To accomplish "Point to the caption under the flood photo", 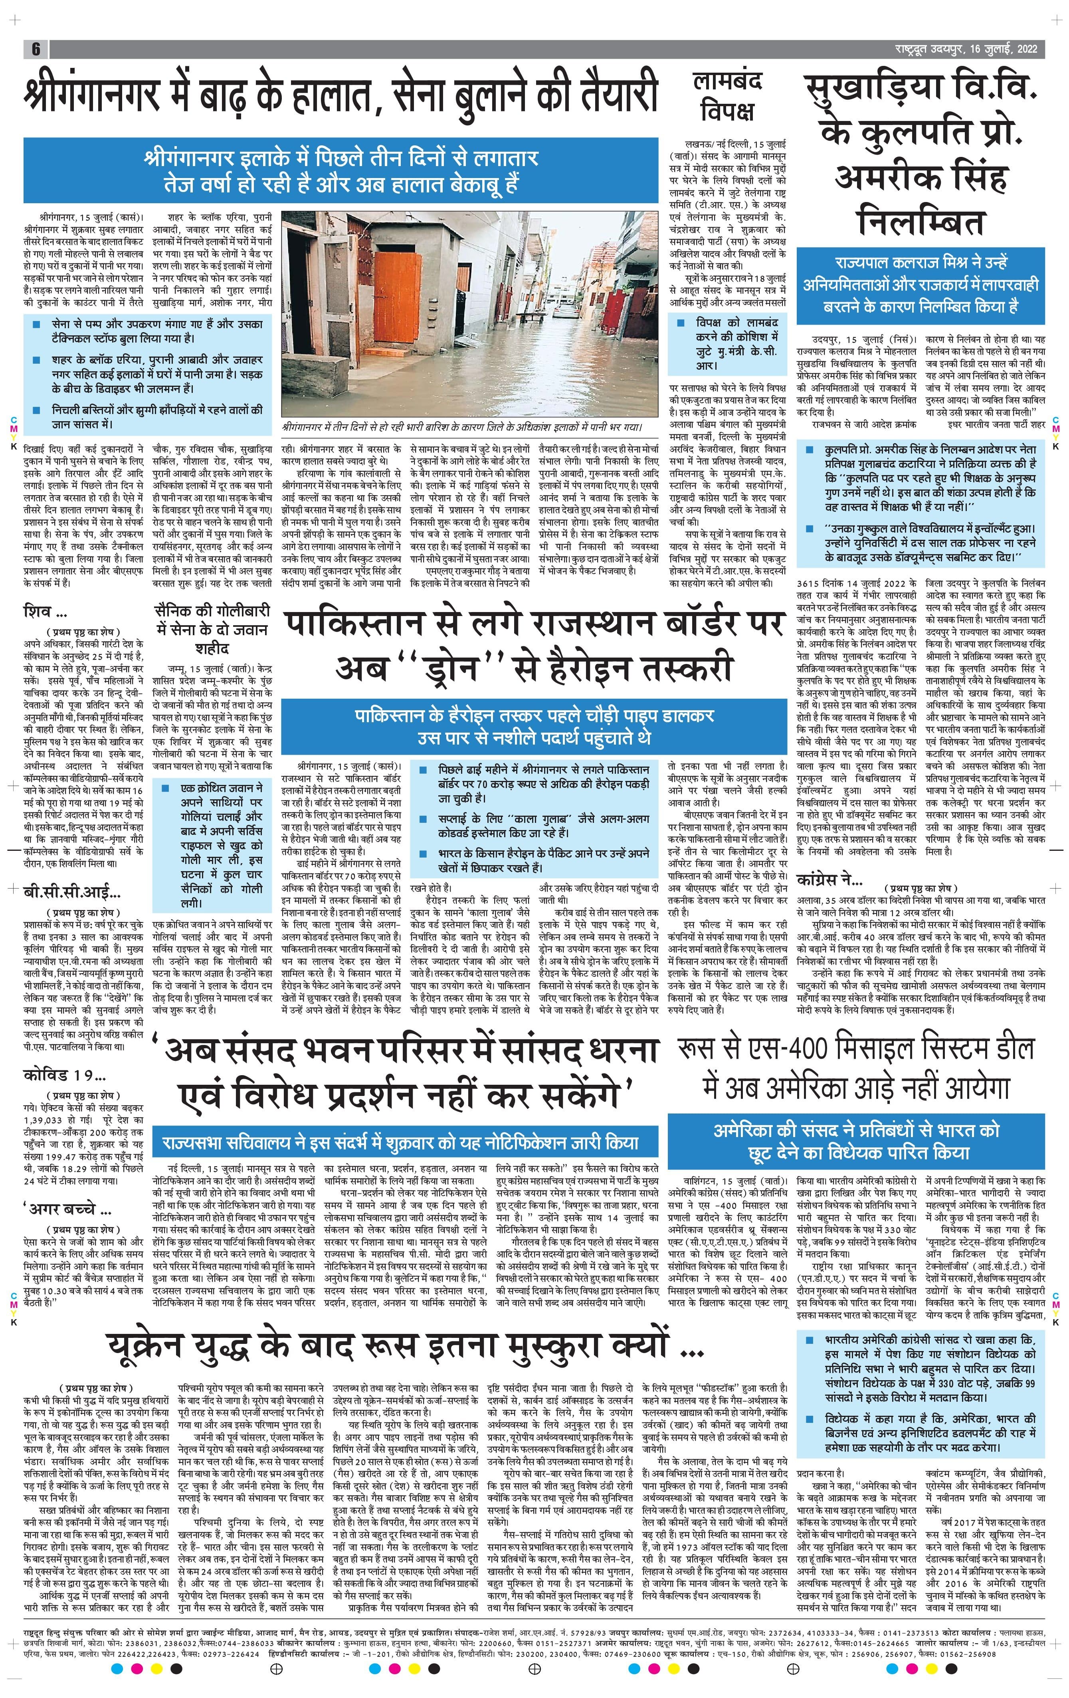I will (462, 427).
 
